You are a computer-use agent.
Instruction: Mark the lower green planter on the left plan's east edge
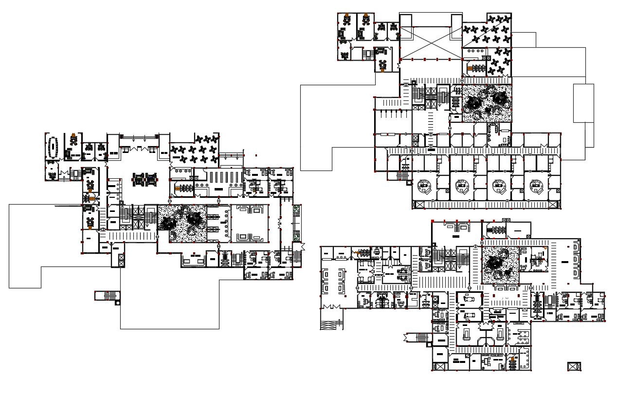tap(296, 234)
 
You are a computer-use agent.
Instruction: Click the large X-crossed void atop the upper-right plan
tap(430, 41)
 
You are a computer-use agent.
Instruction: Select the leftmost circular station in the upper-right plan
tap(424, 186)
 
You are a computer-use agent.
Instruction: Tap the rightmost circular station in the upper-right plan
tap(536, 186)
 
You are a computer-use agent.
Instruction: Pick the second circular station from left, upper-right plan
tap(461, 186)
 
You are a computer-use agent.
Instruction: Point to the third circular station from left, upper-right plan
tap(498, 186)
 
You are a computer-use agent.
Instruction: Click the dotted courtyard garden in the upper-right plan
tap(486, 103)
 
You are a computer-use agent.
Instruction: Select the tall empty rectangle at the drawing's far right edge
tap(583, 103)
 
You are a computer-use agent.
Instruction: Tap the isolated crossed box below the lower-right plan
tap(575, 366)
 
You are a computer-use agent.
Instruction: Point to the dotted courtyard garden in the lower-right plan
tap(500, 265)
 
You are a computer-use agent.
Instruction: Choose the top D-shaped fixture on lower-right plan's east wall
tap(577, 247)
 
